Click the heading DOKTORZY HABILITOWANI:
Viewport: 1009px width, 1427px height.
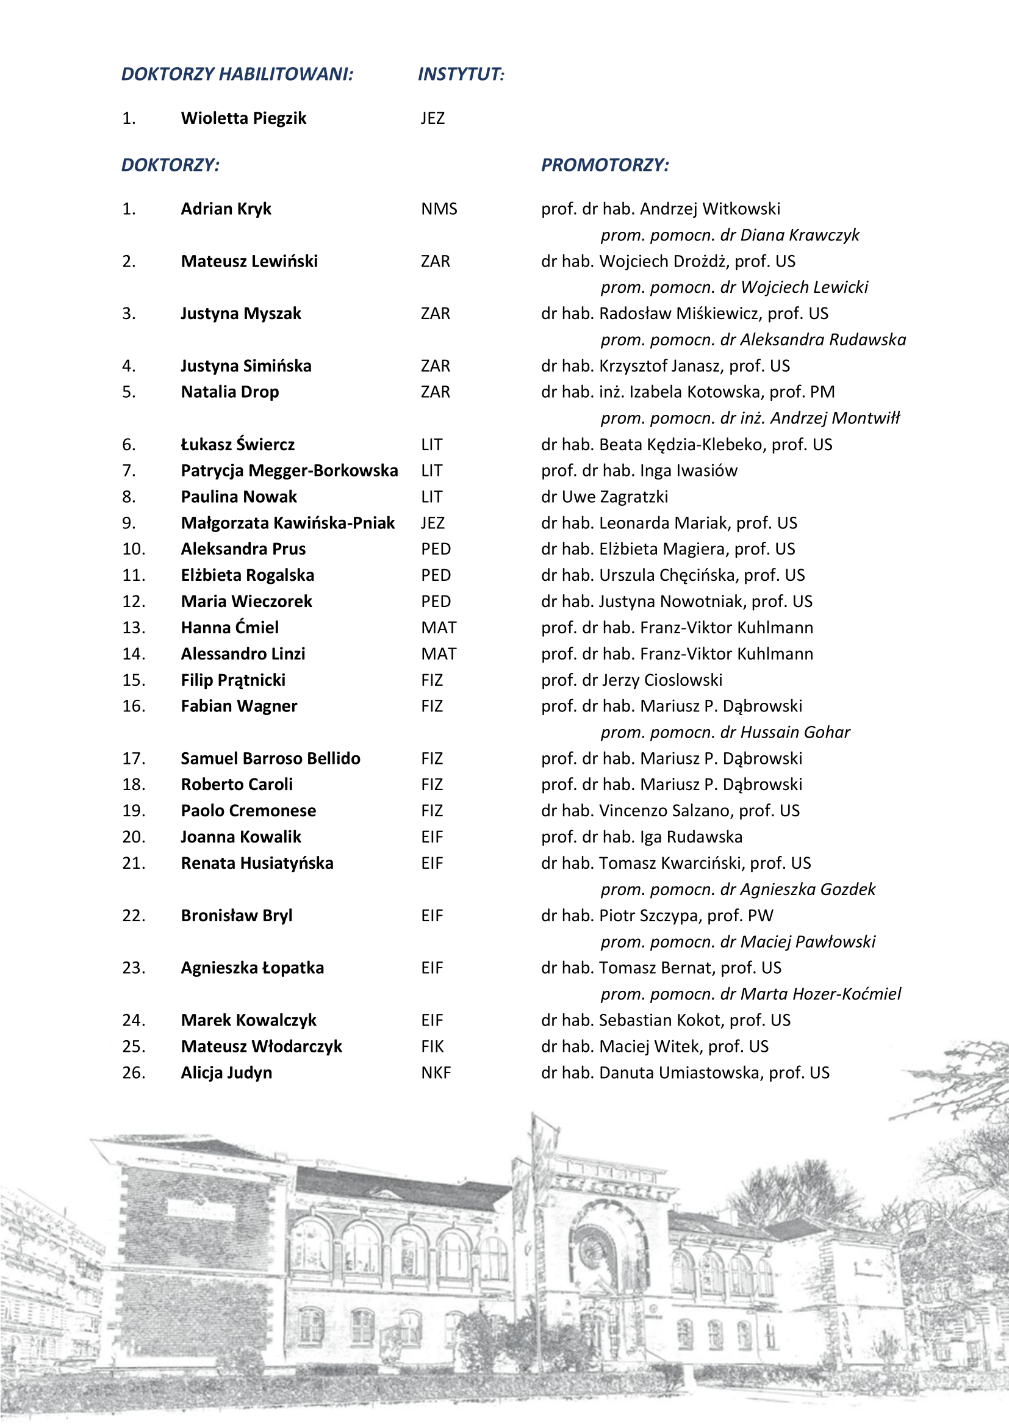coord(237,74)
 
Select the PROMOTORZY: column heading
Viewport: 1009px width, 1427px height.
coord(605,165)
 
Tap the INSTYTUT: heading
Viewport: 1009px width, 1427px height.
coord(461,74)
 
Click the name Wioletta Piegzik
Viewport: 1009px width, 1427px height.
coord(243,118)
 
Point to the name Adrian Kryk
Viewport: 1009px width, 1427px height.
coord(226,209)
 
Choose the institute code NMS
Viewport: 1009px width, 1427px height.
coord(439,209)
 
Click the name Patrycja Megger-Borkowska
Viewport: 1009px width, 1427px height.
coord(289,470)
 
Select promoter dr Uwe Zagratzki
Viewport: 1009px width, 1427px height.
coord(605,497)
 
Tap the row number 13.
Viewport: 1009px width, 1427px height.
coord(134,628)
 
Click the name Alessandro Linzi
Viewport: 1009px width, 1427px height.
coord(243,654)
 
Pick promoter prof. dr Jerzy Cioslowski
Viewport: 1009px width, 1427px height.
coord(631,680)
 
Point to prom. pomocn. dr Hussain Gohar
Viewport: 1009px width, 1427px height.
coord(725,732)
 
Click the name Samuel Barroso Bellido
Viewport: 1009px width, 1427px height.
coord(270,758)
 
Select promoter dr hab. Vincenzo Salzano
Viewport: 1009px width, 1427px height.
coord(670,810)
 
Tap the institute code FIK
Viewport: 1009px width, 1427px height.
coord(433,1047)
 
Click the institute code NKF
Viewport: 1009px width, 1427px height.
coord(436,1073)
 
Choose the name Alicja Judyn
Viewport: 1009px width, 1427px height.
coord(226,1073)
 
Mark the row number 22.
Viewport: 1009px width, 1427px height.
coord(134,916)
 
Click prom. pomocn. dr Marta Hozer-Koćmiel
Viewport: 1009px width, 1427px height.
coord(750,994)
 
